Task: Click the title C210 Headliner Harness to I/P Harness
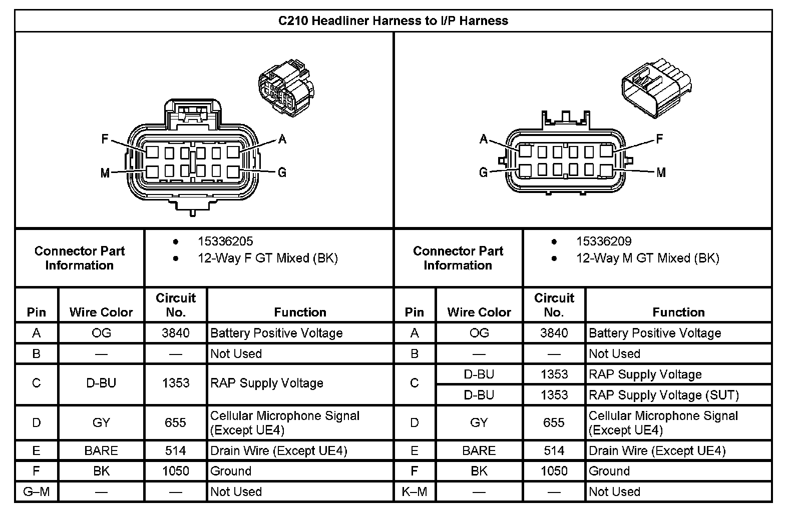coord(393,21)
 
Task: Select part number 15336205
coord(225,241)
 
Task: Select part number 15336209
coord(603,241)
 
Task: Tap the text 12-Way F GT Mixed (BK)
coord(267,258)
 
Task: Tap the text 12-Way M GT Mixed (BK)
coord(647,258)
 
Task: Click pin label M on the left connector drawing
coord(105,173)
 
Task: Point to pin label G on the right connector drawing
coord(483,172)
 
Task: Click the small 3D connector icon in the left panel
coord(285,89)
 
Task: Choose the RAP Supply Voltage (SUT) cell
coord(663,395)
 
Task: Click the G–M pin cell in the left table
coord(37,491)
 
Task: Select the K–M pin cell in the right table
coord(415,491)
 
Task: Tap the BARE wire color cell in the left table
coord(101,450)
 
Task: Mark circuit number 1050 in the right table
coord(554,471)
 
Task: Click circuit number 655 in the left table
coord(175,422)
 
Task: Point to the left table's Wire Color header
coord(101,312)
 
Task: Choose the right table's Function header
coord(678,312)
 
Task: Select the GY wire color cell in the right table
coord(479,422)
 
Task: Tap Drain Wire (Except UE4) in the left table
coord(278,450)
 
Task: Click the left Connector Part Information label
coord(80,258)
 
